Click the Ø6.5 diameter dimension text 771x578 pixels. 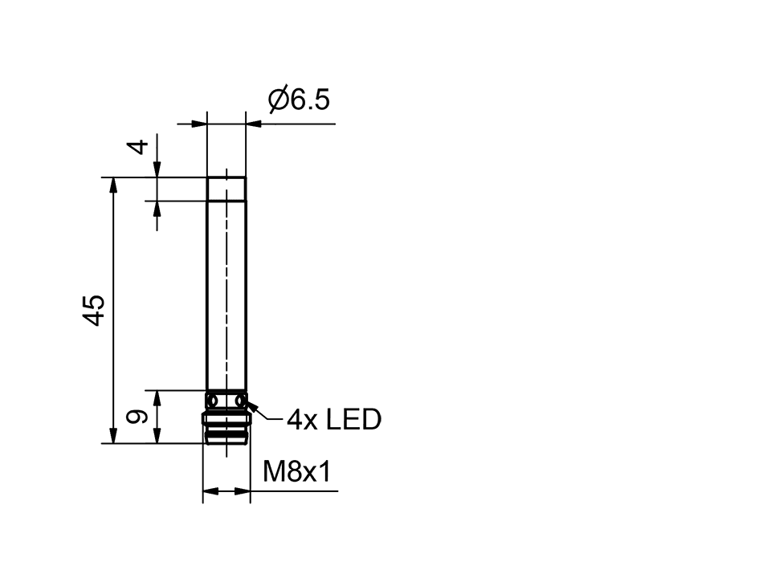298,100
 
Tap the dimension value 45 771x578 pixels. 95,310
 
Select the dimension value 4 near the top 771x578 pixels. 140,147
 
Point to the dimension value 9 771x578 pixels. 138,417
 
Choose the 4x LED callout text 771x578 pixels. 333,419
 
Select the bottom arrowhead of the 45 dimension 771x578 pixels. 113,435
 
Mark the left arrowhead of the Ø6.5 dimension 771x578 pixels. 200,124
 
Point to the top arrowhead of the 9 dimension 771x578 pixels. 158,397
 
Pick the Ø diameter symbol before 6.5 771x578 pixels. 278,100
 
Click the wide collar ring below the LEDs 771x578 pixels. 226,420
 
